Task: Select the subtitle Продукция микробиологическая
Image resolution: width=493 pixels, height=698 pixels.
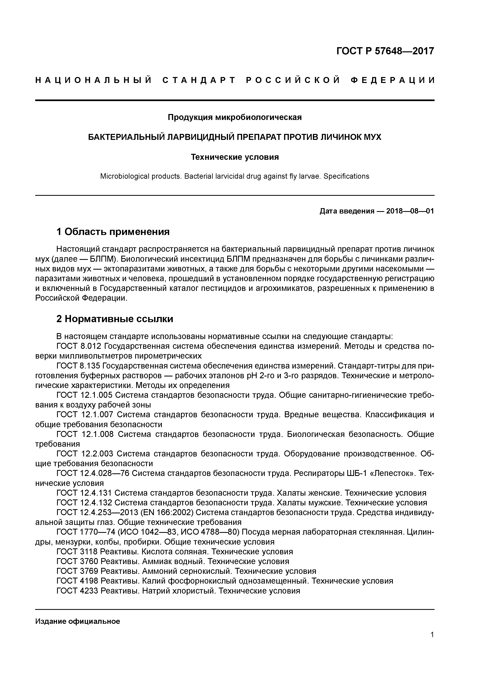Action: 235,117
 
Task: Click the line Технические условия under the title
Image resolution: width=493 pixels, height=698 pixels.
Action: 235,157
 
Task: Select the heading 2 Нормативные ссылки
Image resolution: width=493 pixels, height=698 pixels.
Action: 115,319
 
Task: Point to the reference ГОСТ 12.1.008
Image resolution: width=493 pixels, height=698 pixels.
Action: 85,434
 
